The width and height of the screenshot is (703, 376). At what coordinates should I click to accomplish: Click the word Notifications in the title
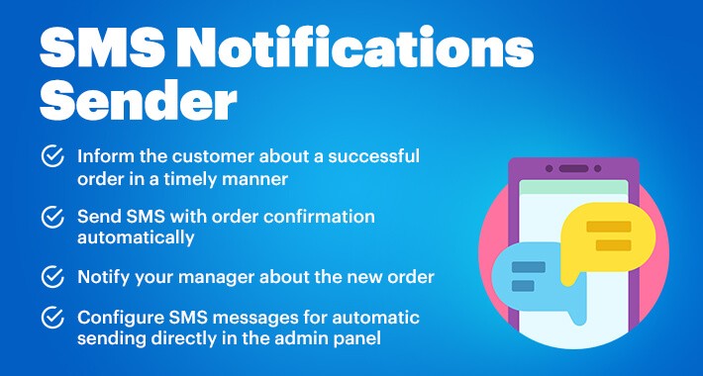pos(357,47)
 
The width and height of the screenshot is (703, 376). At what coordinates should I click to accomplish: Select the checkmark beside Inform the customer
pos(52,156)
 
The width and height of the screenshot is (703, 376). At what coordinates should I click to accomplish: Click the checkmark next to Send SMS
pos(52,217)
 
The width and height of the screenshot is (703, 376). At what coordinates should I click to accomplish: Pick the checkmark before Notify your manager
pos(52,276)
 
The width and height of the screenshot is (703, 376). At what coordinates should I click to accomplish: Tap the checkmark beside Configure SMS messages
pos(52,318)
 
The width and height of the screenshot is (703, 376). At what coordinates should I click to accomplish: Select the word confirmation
pos(319,217)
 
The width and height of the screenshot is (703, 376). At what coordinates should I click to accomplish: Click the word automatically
pos(136,238)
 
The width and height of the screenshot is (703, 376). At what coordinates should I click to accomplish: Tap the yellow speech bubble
pos(608,237)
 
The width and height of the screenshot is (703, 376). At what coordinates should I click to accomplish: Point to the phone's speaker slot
pos(573,168)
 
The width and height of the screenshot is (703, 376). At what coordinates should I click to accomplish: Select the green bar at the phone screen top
pos(573,187)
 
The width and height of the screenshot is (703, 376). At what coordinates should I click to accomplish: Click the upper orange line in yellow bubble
pos(608,227)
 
